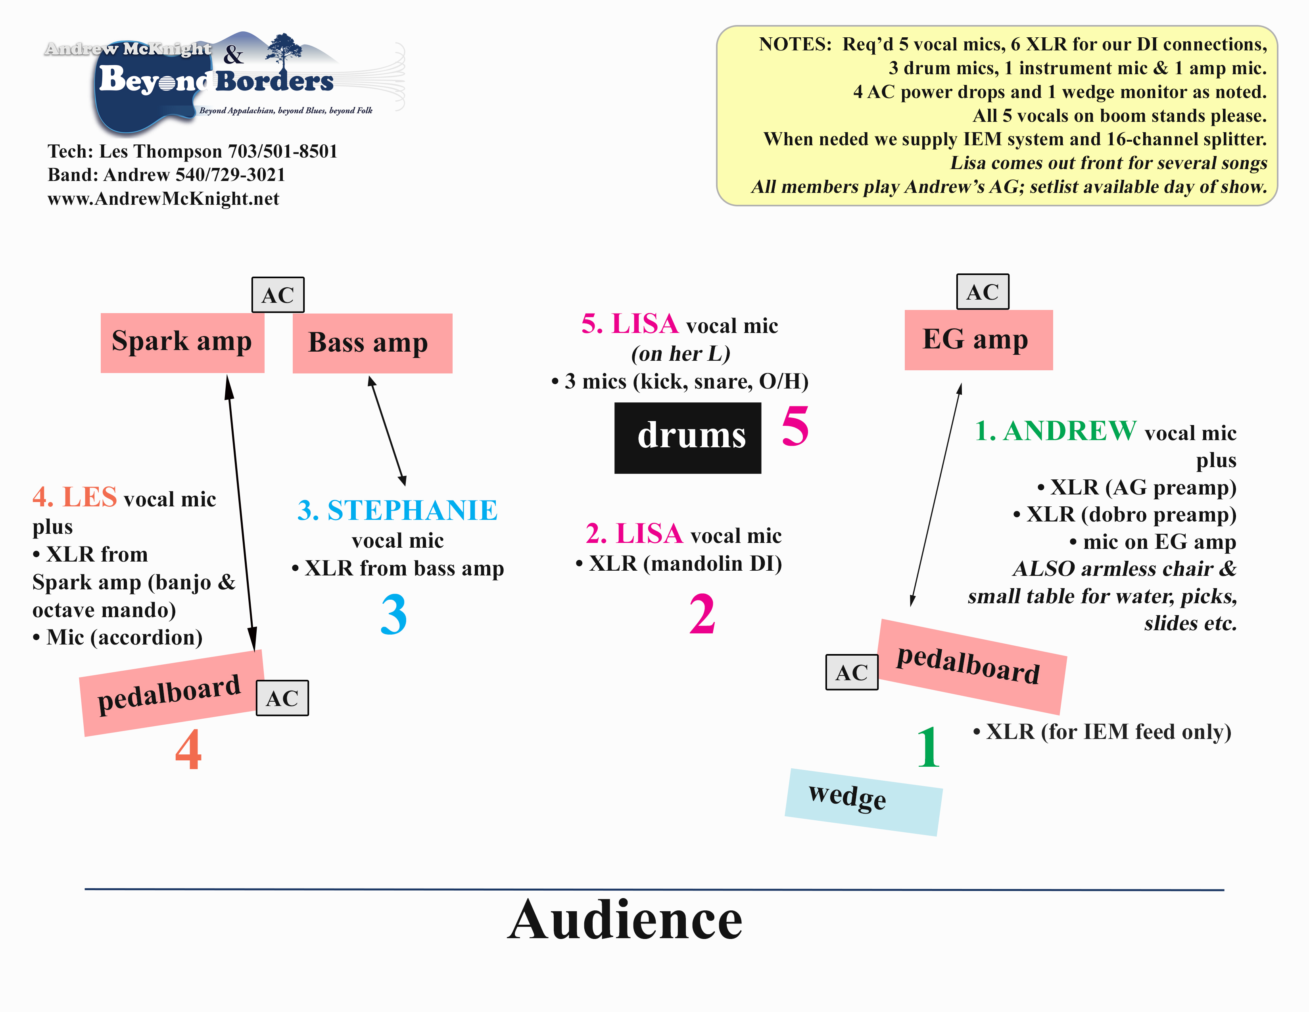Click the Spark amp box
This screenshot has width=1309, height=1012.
pos(182,343)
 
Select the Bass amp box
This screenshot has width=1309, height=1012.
pos(372,343)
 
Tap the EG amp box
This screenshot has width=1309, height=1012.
pos(978,340)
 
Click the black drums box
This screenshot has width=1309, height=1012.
pos(687,438)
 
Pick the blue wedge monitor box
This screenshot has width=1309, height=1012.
pos(863,802)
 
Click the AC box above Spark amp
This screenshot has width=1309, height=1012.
pos(278,294)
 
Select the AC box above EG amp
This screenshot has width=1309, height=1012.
pos(983,291)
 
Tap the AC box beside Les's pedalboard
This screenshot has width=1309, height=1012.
pos(282,698)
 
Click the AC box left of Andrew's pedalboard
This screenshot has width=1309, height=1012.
pos(852,672)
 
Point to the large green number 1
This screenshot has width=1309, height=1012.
pos(929,746)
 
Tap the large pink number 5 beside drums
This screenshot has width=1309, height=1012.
pos(795,426)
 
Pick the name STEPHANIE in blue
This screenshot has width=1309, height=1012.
pos(413,511)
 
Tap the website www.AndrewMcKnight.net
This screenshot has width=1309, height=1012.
pos(163,198)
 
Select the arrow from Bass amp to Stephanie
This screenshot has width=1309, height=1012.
pos(387,431)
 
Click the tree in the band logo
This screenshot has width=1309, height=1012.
pos(284,48)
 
